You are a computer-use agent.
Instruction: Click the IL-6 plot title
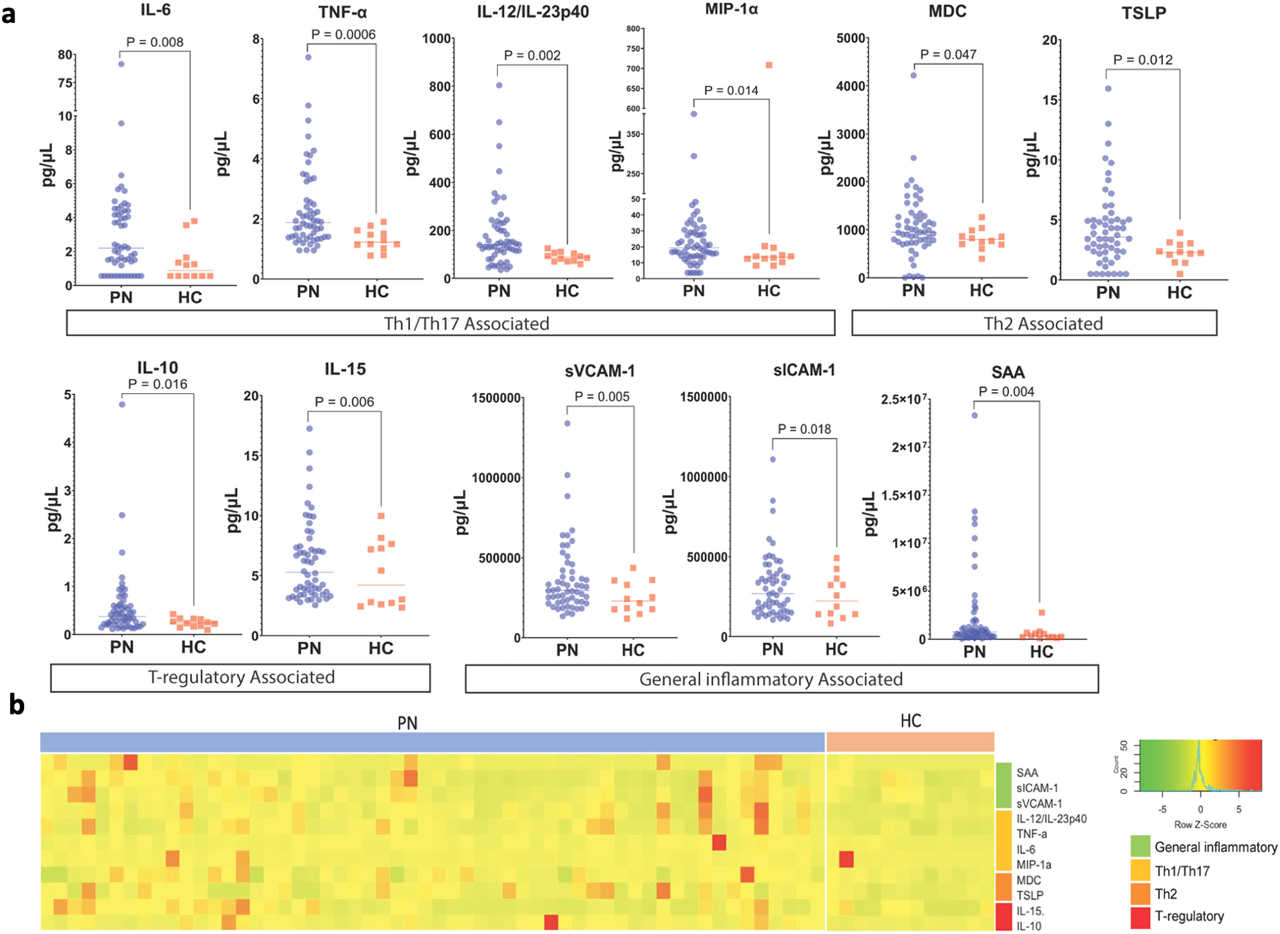pyautogui.click(x=155, y=10)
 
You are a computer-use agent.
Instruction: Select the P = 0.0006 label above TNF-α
pyautogui.click(x=343, y=34)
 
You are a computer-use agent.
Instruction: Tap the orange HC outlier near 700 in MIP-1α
pyautogui.click(x=769, y=65)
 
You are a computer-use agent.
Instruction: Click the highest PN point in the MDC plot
pyautogui.click(x=914, y=75)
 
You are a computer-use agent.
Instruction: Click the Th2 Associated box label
pyautogui.click(x=1043, y=323)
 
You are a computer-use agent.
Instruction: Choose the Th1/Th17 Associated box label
pyautogui.click(x=466, y=323)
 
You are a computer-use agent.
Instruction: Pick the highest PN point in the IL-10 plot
pyautogui.click(x=122, y=404)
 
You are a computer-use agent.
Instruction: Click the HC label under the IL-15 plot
pyautogui.click(x=381, y=648)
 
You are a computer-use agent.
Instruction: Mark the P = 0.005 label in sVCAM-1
pyautogui.click(x=602, y=397)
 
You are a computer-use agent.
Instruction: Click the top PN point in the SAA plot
pyautogui.click(x=975, y=415)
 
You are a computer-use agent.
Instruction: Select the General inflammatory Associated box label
pyautogui.click(x=770, y=679)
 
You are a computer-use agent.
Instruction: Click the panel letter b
pyautogui.click(x=16, y=705)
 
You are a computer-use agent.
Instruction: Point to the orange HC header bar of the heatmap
pyautogui.click(x=910, y=742)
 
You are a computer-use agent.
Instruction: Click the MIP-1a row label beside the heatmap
pyautogui.click(x=1034, y=865)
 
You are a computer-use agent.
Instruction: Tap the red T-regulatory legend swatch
pyautogui.click(x=1141, y=917)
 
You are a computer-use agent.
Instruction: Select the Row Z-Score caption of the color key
pyautogui.click(x=1200, y=824)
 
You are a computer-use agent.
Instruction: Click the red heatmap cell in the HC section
pyautogui.click(x=846, y=859)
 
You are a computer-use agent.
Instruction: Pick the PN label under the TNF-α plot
pyautogui.click(x=308, y=292)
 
